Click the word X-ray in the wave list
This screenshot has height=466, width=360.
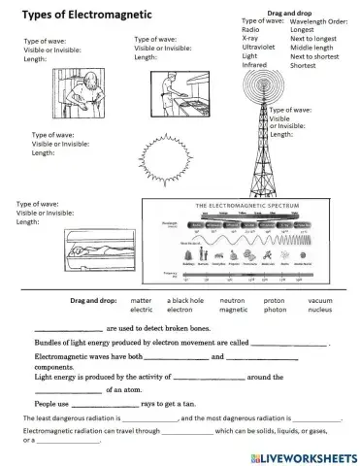tap(250, 39)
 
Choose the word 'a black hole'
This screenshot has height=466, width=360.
tap(188, 301)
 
